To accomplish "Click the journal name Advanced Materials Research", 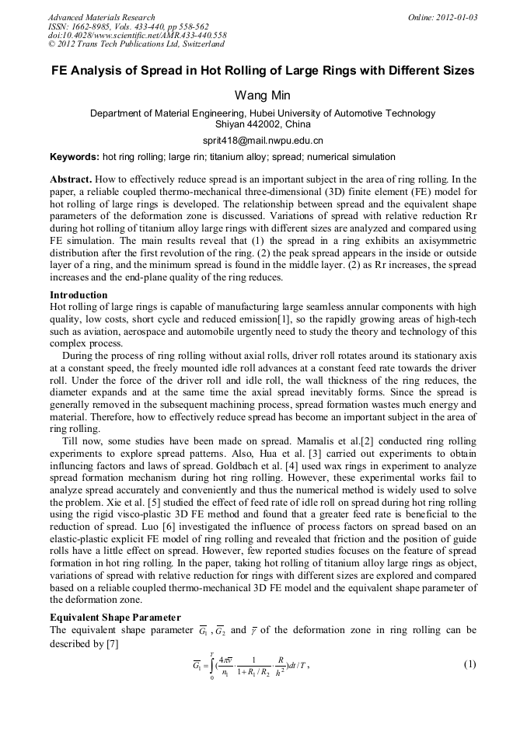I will [101, 17].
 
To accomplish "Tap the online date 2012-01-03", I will [454, 17].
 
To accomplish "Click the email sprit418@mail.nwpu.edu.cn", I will [263, 141].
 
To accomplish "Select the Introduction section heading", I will [79, 295].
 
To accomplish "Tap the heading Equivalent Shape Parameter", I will [115, 618].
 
